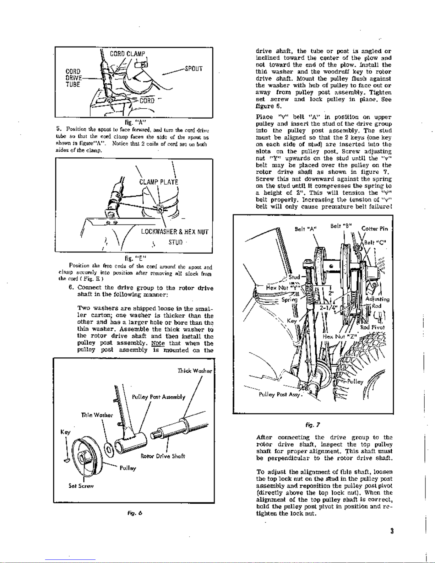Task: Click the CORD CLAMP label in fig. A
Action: pos(127,54)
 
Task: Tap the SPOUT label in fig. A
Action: pos(194,69)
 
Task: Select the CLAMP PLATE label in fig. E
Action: pos(159,182)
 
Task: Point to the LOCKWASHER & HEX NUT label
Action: pos(175,232)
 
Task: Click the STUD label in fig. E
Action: pos(175,243)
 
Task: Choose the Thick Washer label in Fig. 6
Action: pos(195,371)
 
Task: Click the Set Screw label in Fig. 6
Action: pos(81,486)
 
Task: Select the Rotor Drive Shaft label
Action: pos(163,456)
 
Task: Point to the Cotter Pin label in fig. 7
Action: pos(374,228)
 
